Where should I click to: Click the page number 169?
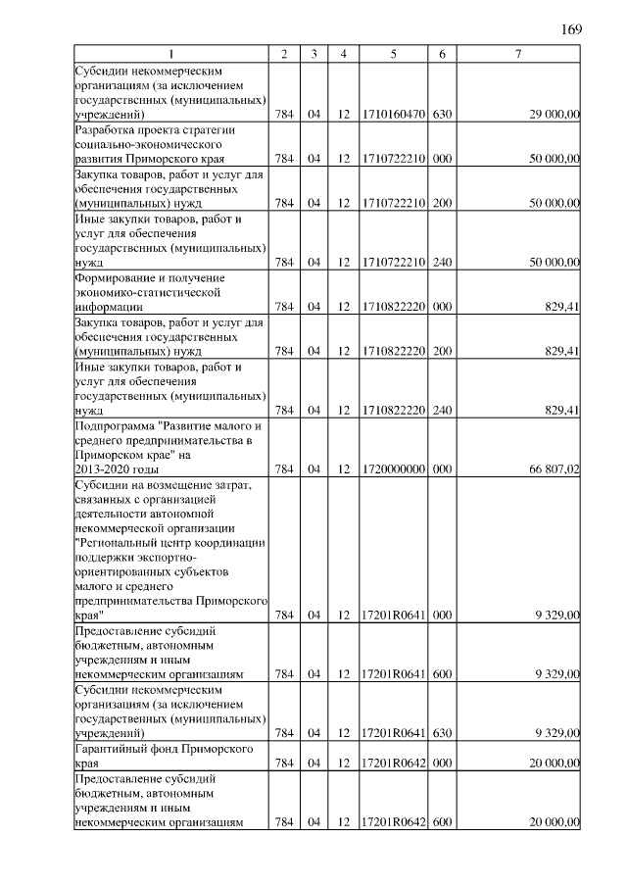point(572,28)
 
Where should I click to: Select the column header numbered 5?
point(393,53)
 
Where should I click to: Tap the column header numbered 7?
point(518,53)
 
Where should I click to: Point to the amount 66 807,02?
point(555,469)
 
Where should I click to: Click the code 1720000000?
point(393,469)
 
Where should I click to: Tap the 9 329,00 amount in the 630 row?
point(558,732)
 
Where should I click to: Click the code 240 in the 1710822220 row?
point(442,410)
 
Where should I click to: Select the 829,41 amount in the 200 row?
point(563,351)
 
